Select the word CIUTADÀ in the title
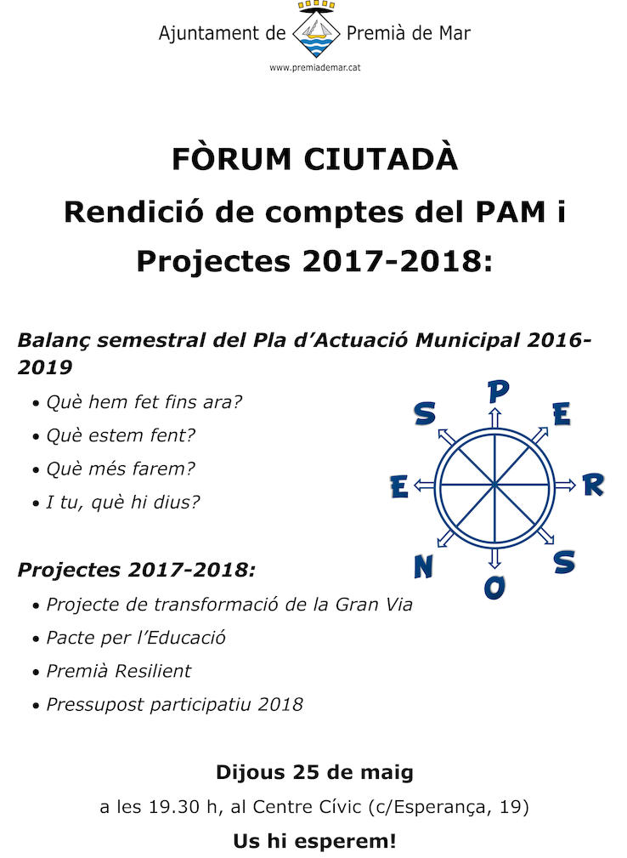pyautogui.click(x=381, y=159)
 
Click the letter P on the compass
pyautogui.click(x=498, y=391)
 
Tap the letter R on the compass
pyautogui.click(x=592, y=486)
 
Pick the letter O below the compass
pyautogui.click(x=494, y=587)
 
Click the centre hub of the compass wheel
pyautogui.click(x=494, y=486)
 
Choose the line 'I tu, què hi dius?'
pyautogui.click(x=123, y=502)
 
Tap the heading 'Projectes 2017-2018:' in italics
pyautogui.click(x=136, y=570)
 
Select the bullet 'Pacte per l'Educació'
pyautogui.click(x=136, y=638)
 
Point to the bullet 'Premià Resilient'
pyautogui.click(x=119, y=671)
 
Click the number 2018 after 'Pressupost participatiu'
pyautogui.click(x=280, y=704)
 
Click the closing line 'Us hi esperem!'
pyautogui.click(x=314, y=842)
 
